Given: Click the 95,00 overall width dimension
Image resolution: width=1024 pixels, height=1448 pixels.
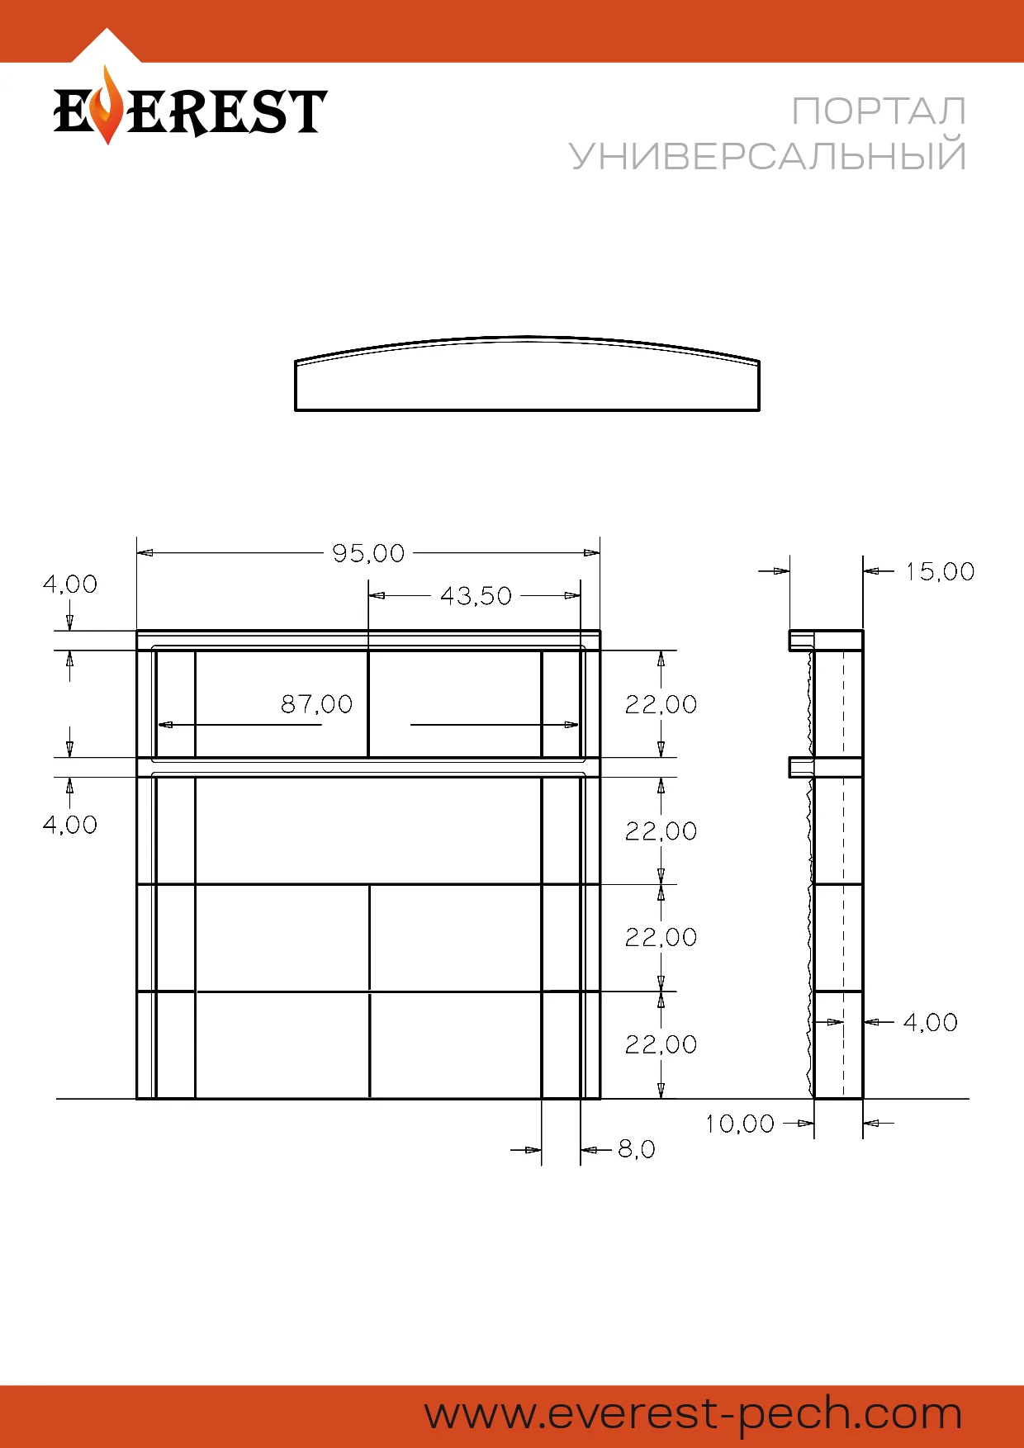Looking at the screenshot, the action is (x=368, y=553).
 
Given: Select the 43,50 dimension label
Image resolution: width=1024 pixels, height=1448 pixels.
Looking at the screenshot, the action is (x=476, y=596).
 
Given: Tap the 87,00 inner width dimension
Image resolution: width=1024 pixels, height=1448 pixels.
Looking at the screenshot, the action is (x=317, y=704).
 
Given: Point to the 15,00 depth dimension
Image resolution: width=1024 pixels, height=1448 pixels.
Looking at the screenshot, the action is (x=940, y=571).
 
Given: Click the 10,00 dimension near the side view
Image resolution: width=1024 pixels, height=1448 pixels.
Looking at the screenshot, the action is (x=740, y=1124).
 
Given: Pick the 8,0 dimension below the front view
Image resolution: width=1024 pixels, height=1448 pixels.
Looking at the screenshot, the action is (x=637, y=1149).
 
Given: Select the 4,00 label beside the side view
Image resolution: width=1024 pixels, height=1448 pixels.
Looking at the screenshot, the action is (x=931, y=1022).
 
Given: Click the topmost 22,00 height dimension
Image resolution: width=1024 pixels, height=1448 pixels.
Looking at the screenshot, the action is (x=661, y=704).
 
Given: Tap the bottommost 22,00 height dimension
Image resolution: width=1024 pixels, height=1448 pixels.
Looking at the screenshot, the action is (x=661, y=1044).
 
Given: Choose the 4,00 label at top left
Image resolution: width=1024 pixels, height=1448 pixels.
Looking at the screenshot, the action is (x=70, y=584).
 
